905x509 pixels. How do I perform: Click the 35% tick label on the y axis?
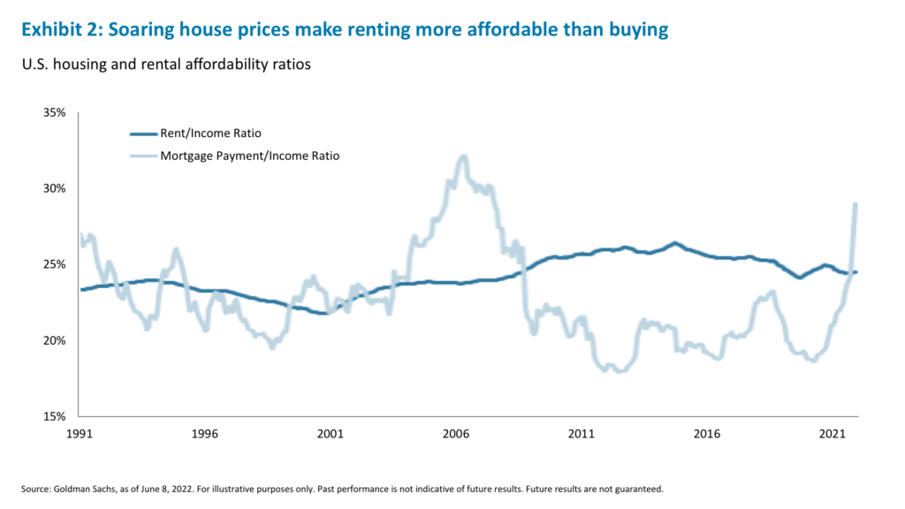[x=54, y=113]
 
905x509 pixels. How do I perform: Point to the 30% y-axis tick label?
[x=54, y=189]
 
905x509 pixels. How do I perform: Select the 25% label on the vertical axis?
[x=54, y=265]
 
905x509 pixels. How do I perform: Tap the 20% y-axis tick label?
[x=54, y=341]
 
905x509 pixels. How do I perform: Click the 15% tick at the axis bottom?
[x=54, y=416]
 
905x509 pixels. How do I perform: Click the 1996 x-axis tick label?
[x=204, y=435]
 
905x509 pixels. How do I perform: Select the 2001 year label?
[x=330, y=435]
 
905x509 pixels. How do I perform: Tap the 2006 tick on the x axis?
[x=455, y=435]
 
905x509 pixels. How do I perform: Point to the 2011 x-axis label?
[x=581, y=435]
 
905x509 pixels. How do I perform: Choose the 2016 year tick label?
[x=706, y=435]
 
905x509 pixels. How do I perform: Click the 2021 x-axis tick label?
[x=832, y=435]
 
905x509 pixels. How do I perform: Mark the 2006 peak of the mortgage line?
[x=462, y=157]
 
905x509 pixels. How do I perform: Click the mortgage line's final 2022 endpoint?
[x=856, y=204]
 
